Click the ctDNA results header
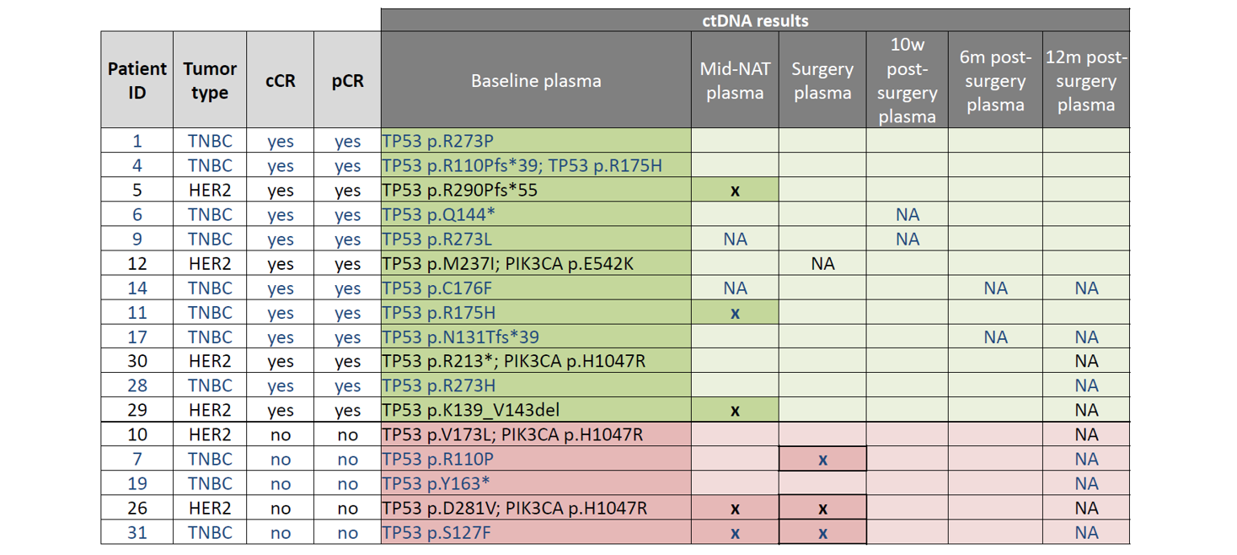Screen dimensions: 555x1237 tap(754, 20)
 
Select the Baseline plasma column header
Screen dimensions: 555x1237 tap(536, 81)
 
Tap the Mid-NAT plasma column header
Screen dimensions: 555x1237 tap(735, 81)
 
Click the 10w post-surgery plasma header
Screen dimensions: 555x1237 tap(907, 81)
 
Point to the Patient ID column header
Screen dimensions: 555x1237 tap(137, 81)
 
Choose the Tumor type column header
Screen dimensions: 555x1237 tap(210, 81)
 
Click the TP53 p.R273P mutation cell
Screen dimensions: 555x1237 tap(437, 141)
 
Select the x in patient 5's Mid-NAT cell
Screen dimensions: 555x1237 tap(735, 191)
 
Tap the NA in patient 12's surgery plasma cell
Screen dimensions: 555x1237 tap(822, 264)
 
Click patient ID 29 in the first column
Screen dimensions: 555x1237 tap(137, 411)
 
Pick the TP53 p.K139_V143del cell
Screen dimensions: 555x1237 tap(471, 411)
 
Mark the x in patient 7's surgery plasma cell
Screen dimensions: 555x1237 tap(822, 460)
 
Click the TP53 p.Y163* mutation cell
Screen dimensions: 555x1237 tap(436, 484)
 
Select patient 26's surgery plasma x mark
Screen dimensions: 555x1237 tap(822, 509)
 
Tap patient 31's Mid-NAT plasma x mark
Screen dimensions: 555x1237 tap(735, 533)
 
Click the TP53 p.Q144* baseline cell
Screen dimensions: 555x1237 tap(438, 215)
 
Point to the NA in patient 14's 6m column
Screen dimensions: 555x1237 tap(995, 288)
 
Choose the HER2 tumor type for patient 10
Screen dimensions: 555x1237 tap(210, 435)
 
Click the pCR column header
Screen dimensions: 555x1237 tap(347, 81)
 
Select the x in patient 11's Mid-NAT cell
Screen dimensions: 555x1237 tap(735, 313)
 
